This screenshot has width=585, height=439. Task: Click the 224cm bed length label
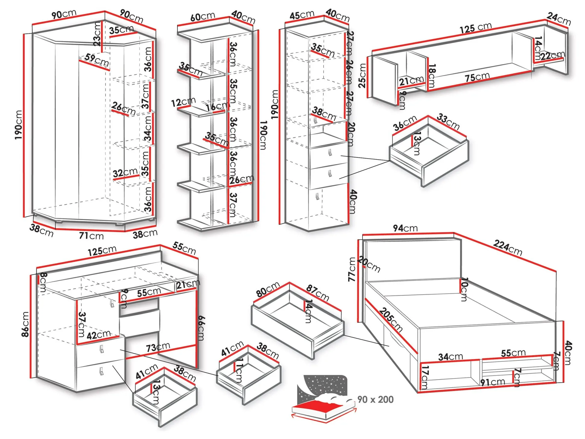(508, 247)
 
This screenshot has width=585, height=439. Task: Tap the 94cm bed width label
(405, 228)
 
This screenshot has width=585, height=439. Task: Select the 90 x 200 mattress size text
(375, 399)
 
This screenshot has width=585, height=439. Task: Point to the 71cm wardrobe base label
(91, 236)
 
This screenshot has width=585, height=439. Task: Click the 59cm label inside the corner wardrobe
(97, 60)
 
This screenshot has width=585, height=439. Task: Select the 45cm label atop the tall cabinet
(302, 15)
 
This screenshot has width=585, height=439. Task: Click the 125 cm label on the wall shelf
(476, 28)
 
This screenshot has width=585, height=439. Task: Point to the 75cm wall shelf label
(477, 77)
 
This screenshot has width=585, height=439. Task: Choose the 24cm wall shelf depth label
(559, 18)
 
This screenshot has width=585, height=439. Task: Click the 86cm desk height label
(25, 324)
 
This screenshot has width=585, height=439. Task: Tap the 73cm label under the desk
(158, 347)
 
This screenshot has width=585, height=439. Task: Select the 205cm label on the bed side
(391, 320)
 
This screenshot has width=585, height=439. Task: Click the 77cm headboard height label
(352, 269)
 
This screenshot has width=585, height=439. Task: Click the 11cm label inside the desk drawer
(239, 370)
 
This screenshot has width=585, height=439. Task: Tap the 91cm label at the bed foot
(492, 382)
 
